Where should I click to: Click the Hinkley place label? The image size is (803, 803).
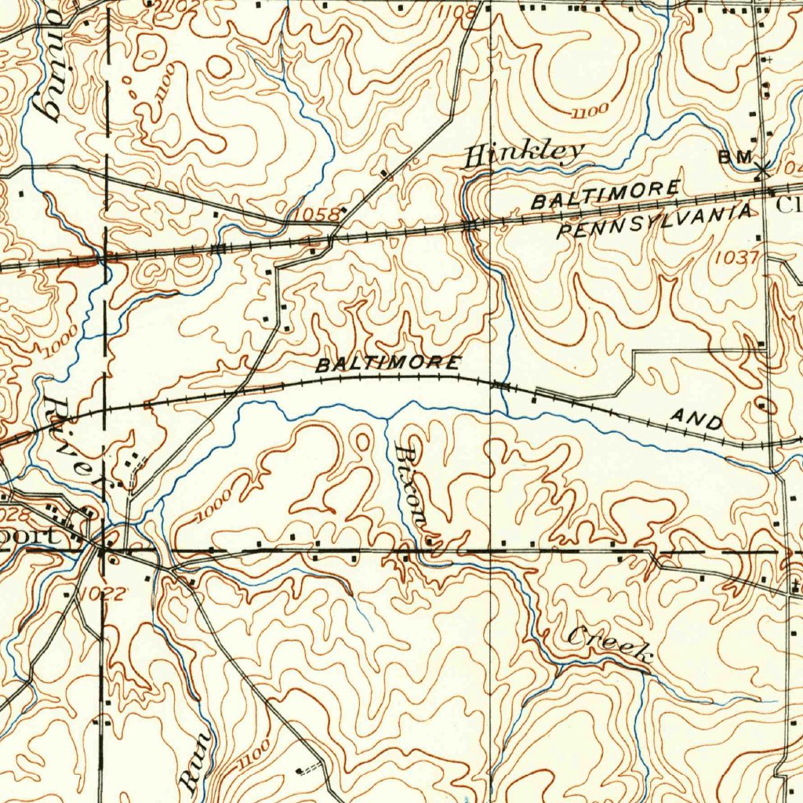pyautogui.click(x=524, y=153)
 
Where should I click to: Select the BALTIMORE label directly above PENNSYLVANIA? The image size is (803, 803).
pyautogui.click(x=605, y=194)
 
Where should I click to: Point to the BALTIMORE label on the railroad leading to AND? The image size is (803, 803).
pyautogui.click(x=388, y=365)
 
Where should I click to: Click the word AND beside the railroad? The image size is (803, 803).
pyautogui.click(x=697, y=421)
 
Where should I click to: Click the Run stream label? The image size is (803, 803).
pyautogui.click(x=196, y=759)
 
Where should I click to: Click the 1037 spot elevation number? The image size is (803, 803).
pyautogui.click(x=736, y=256)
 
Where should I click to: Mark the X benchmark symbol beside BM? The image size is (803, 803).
pyautogui.click(x=763, y=166)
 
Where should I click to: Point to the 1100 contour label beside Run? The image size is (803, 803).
pyautogui.click(x=251, y=754)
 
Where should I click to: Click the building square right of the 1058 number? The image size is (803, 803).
pyautogui.click(x=343, y=210)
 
